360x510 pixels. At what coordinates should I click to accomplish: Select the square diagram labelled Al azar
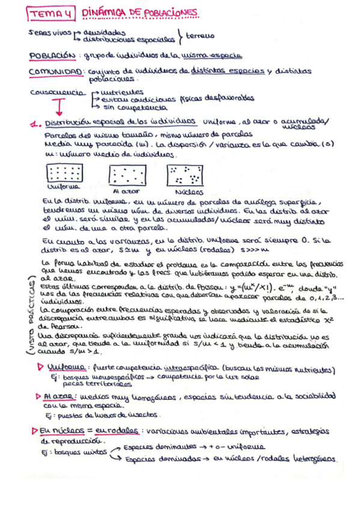point(126,175)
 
